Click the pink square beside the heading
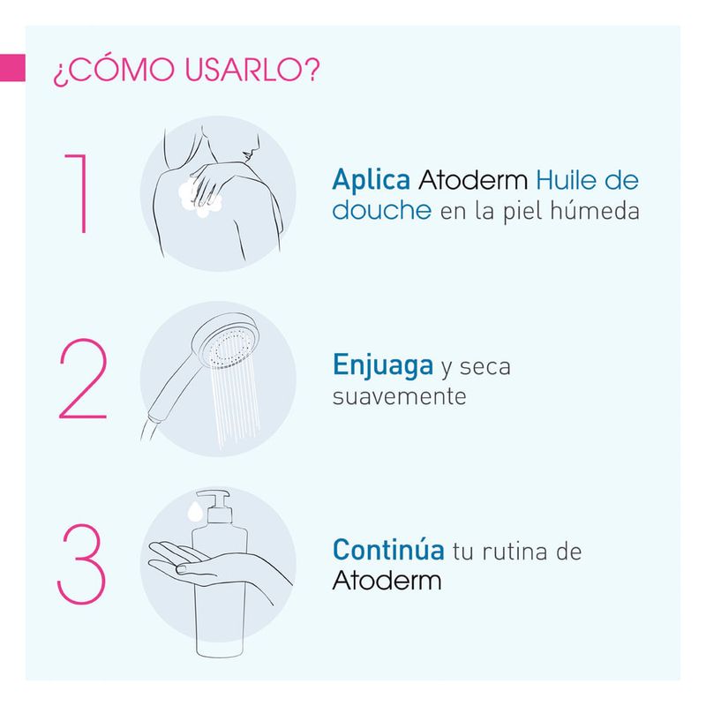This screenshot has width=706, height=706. click(12, 68)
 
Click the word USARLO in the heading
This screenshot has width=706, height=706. click(252, 70)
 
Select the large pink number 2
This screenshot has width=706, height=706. click(83, 379)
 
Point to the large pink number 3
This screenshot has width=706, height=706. click(81, 563)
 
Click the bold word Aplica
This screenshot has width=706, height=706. click(371, 181)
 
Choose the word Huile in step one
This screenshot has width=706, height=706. click(566, 180)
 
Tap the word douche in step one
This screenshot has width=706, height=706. click(382, 210)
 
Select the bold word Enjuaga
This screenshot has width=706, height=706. click(383, 365)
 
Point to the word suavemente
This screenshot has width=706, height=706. click(400, 396)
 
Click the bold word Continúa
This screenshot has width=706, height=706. click(388, 550)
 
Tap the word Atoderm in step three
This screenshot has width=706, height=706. click(387, 581)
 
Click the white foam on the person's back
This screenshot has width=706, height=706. click(199, 199)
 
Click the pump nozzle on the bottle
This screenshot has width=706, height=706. click(214, 497)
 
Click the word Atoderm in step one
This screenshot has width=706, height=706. click(473, 180)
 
